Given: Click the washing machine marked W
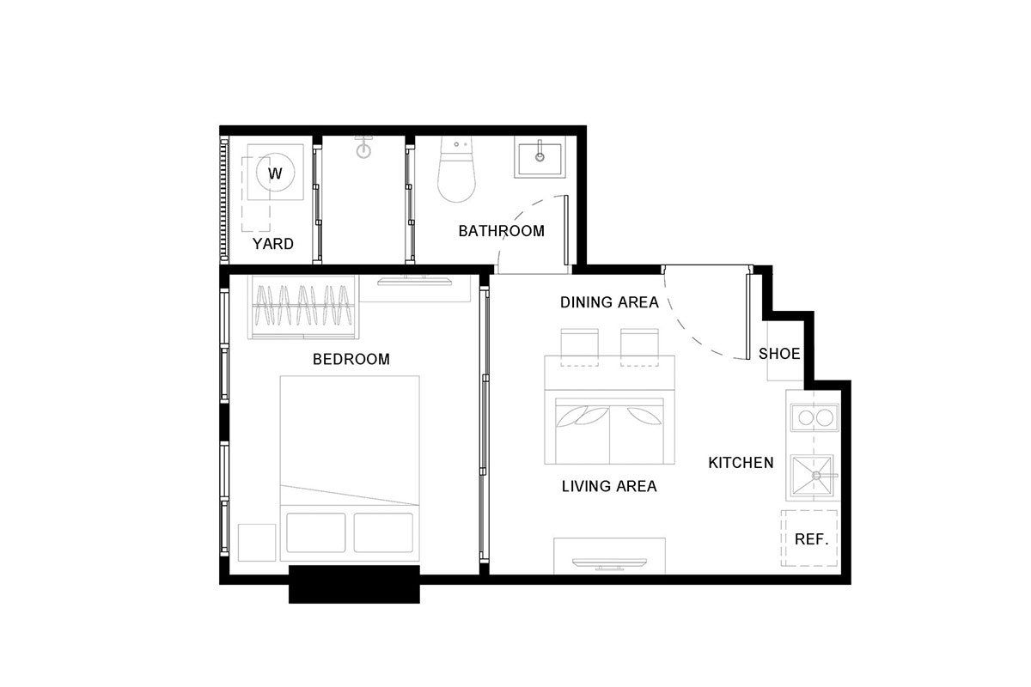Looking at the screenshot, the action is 275,172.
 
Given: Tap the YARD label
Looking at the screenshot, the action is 273,243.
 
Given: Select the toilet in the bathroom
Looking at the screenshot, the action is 456,169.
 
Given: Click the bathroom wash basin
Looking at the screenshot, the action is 540,159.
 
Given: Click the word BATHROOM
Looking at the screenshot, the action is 501,230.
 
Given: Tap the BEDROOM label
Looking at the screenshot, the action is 351,359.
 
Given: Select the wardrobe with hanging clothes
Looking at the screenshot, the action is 303,307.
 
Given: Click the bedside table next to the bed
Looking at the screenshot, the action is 257,543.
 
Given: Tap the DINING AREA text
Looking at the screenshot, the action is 609,302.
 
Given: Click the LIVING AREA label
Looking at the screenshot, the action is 609,486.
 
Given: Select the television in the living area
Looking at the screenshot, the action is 609,564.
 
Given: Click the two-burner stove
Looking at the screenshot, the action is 814,418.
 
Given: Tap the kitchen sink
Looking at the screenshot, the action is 814,477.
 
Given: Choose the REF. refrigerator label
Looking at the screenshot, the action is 811,539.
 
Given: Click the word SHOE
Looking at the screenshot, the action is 779,354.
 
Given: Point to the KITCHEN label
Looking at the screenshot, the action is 741,463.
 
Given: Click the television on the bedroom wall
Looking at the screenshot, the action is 414,281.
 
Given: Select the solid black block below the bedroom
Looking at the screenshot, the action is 354,585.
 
